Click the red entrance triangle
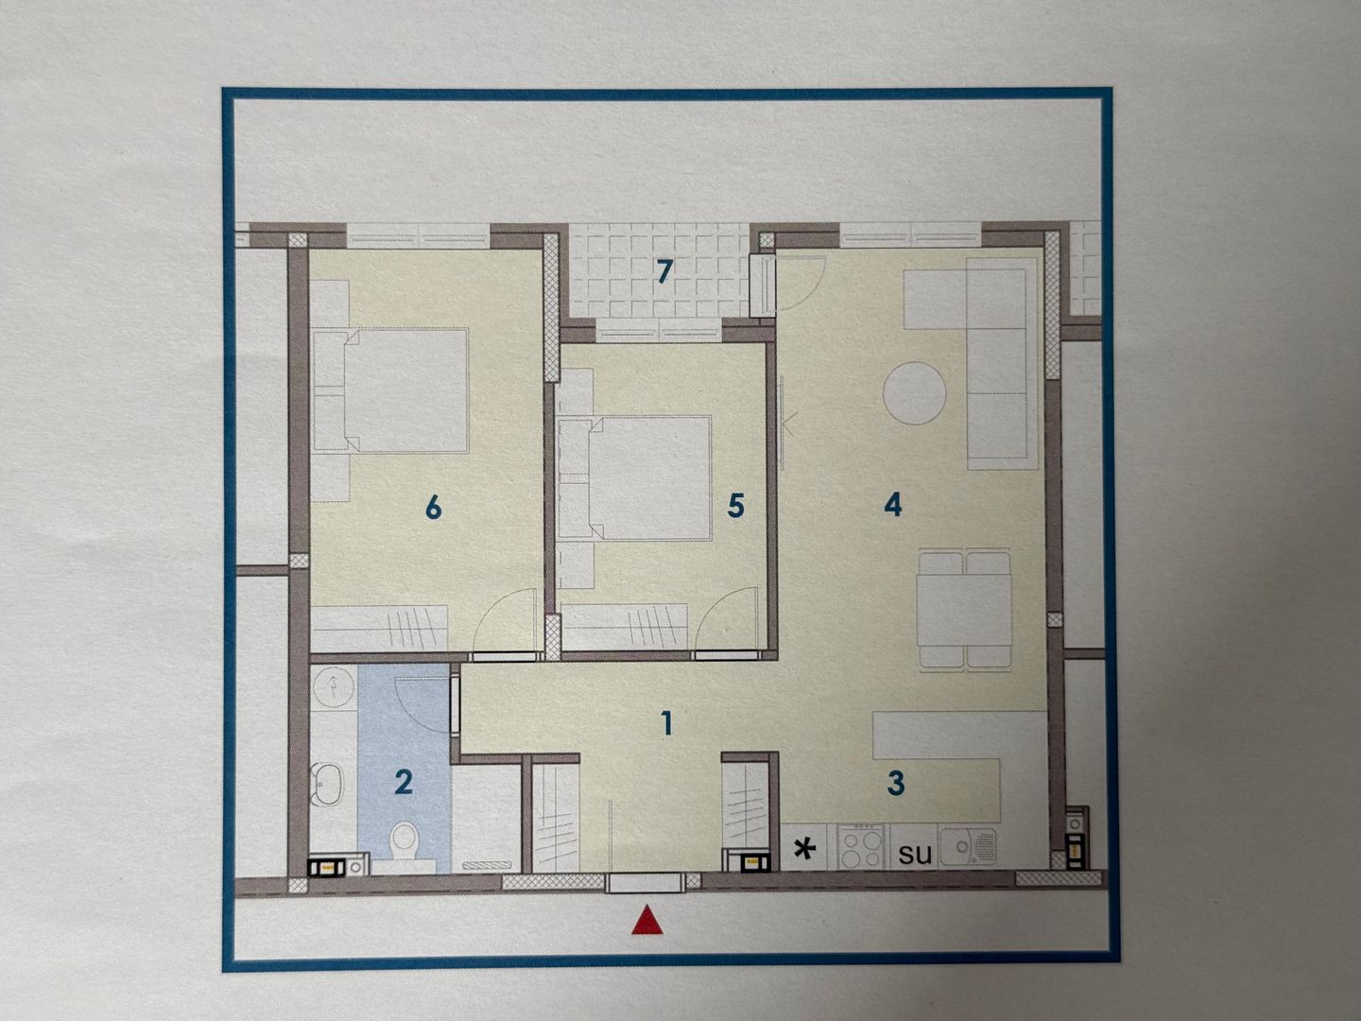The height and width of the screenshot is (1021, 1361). tap(647, 920)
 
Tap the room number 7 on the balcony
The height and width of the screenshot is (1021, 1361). tap(664, 271)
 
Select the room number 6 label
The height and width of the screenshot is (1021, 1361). tap(434, 508)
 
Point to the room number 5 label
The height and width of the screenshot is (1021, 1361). tap(735, 507)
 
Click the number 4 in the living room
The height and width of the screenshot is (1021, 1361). tap(893, 505)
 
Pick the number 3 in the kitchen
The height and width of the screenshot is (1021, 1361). tap(896, 784)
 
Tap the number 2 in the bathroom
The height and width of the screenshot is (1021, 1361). tap(404, 783)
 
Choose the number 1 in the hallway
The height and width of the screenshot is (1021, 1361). tap(667, 723)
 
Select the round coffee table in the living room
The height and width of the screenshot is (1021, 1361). tap(915, 393)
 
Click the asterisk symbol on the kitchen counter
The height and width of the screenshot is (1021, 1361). tap(805, 850)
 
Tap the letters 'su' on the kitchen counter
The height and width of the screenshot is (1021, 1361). tap(915, 855)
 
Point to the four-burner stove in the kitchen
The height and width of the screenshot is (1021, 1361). tap(861, 846)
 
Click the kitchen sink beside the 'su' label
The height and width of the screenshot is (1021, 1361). tap(968, 846)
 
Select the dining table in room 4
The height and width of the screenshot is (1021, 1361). tap(965, 610)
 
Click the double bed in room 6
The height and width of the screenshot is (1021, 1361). tap(391, 389)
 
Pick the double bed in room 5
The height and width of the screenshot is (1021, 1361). tap(633, 477)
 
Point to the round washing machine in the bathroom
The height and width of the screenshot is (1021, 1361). tap(333, 685)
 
